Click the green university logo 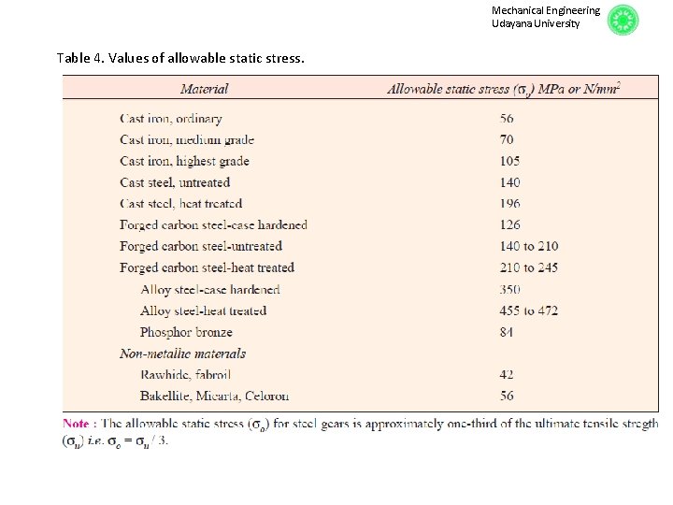tap(623, 20)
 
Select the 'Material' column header tap(204, 90)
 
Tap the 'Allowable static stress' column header tap(504, 90)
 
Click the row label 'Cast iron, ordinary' tap(171, 119)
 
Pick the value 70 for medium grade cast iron tap(507, 140)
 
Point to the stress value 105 tap(509, 162)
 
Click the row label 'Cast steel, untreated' tap(175, 182)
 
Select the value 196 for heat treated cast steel tap(509, 204)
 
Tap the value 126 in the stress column tap(509, 225)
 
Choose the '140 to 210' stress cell tap(529, 247)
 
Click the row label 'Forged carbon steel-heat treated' tap(207, 268)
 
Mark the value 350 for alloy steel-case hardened tap(509, 290)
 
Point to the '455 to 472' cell tap(529, 310)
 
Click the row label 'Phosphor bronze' tap(186, 332)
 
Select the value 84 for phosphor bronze tap(507, 332)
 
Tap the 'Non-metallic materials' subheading tap(182, 353)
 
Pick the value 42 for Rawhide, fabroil tap(507, 375)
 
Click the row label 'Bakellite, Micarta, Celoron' tap(214, 397)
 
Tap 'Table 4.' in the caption tap(80, 58)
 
